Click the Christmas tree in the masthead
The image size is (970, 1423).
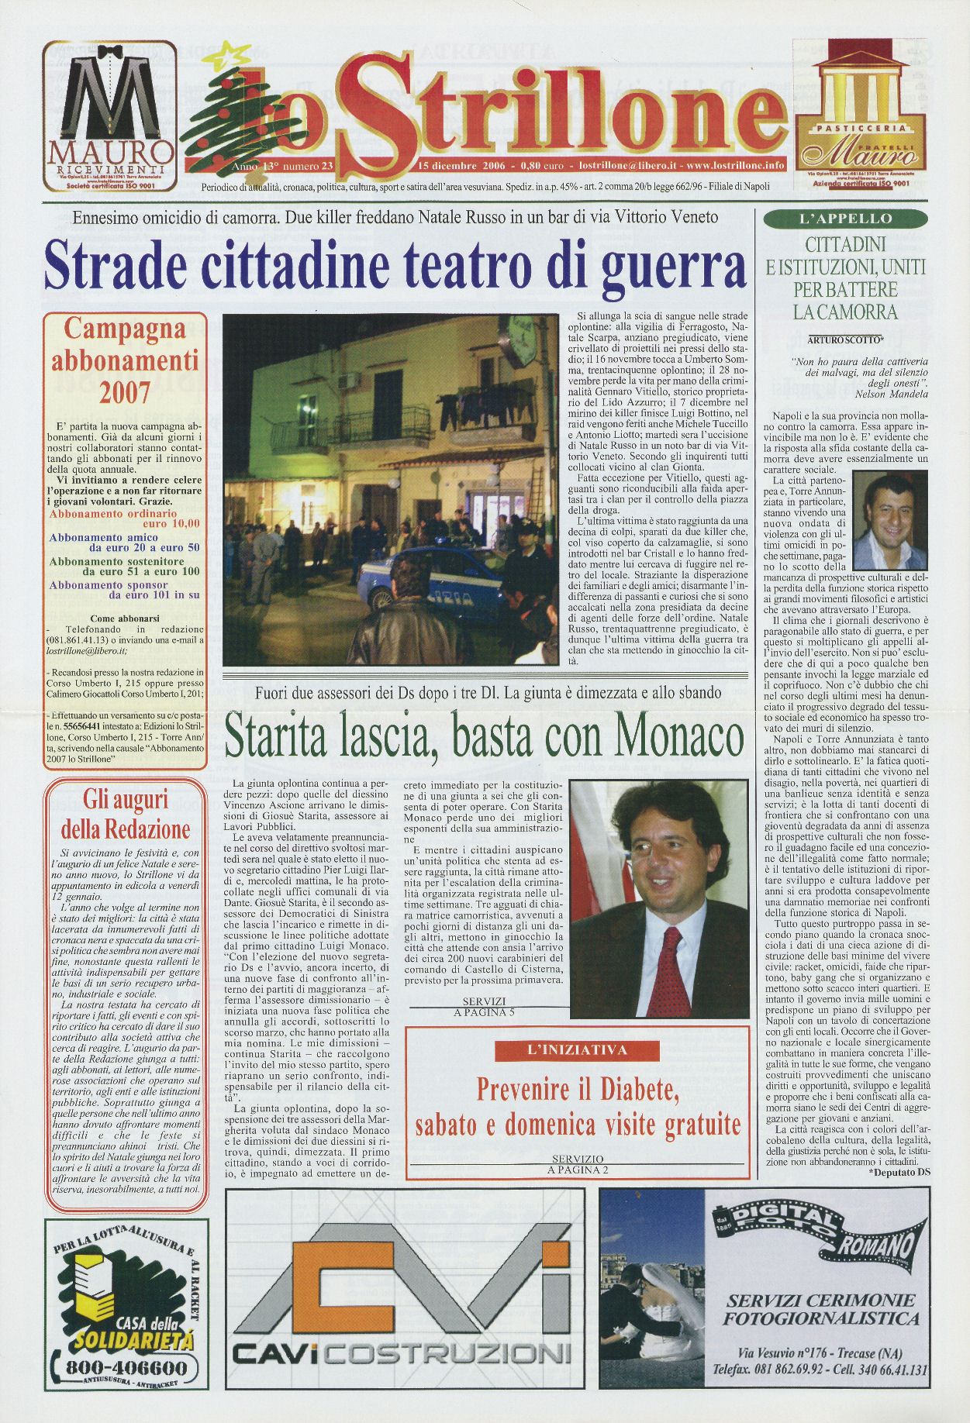pos(225,116)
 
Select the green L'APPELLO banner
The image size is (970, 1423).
pos(844,219)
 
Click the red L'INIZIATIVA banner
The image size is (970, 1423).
pos(572,1050)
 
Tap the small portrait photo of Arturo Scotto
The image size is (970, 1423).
pos(889,520)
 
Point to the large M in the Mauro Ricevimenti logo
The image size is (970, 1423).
pos(109,98)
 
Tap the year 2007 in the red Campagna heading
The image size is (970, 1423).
pos(124,393)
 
